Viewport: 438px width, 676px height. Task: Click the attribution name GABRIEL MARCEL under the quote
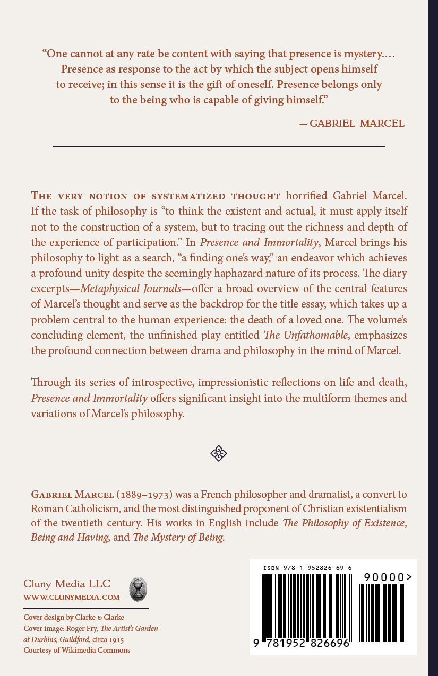pyautogui.click(x=357, y=124)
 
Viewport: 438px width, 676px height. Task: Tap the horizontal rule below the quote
pyautogui.click(x=218, y=146)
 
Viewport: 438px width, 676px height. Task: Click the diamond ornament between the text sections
pyautogui.click(x=219, y=453)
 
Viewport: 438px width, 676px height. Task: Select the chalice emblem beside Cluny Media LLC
pyautogui.click(x=139, y=589)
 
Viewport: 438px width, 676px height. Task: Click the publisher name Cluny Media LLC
pyautogui.click(x=67, y=584)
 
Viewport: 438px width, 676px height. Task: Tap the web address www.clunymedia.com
pyautogui.click(x=72, y=597)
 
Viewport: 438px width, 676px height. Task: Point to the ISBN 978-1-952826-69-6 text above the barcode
pyautogui.click(x=307, y=568)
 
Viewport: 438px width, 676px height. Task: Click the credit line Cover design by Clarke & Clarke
pyautogui.click(x=74, y=617)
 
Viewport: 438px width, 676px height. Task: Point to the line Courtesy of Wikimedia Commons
pyautogui.click(x=76, y=650)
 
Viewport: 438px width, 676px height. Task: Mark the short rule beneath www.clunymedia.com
pyautogui.click(x=85, y=608)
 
